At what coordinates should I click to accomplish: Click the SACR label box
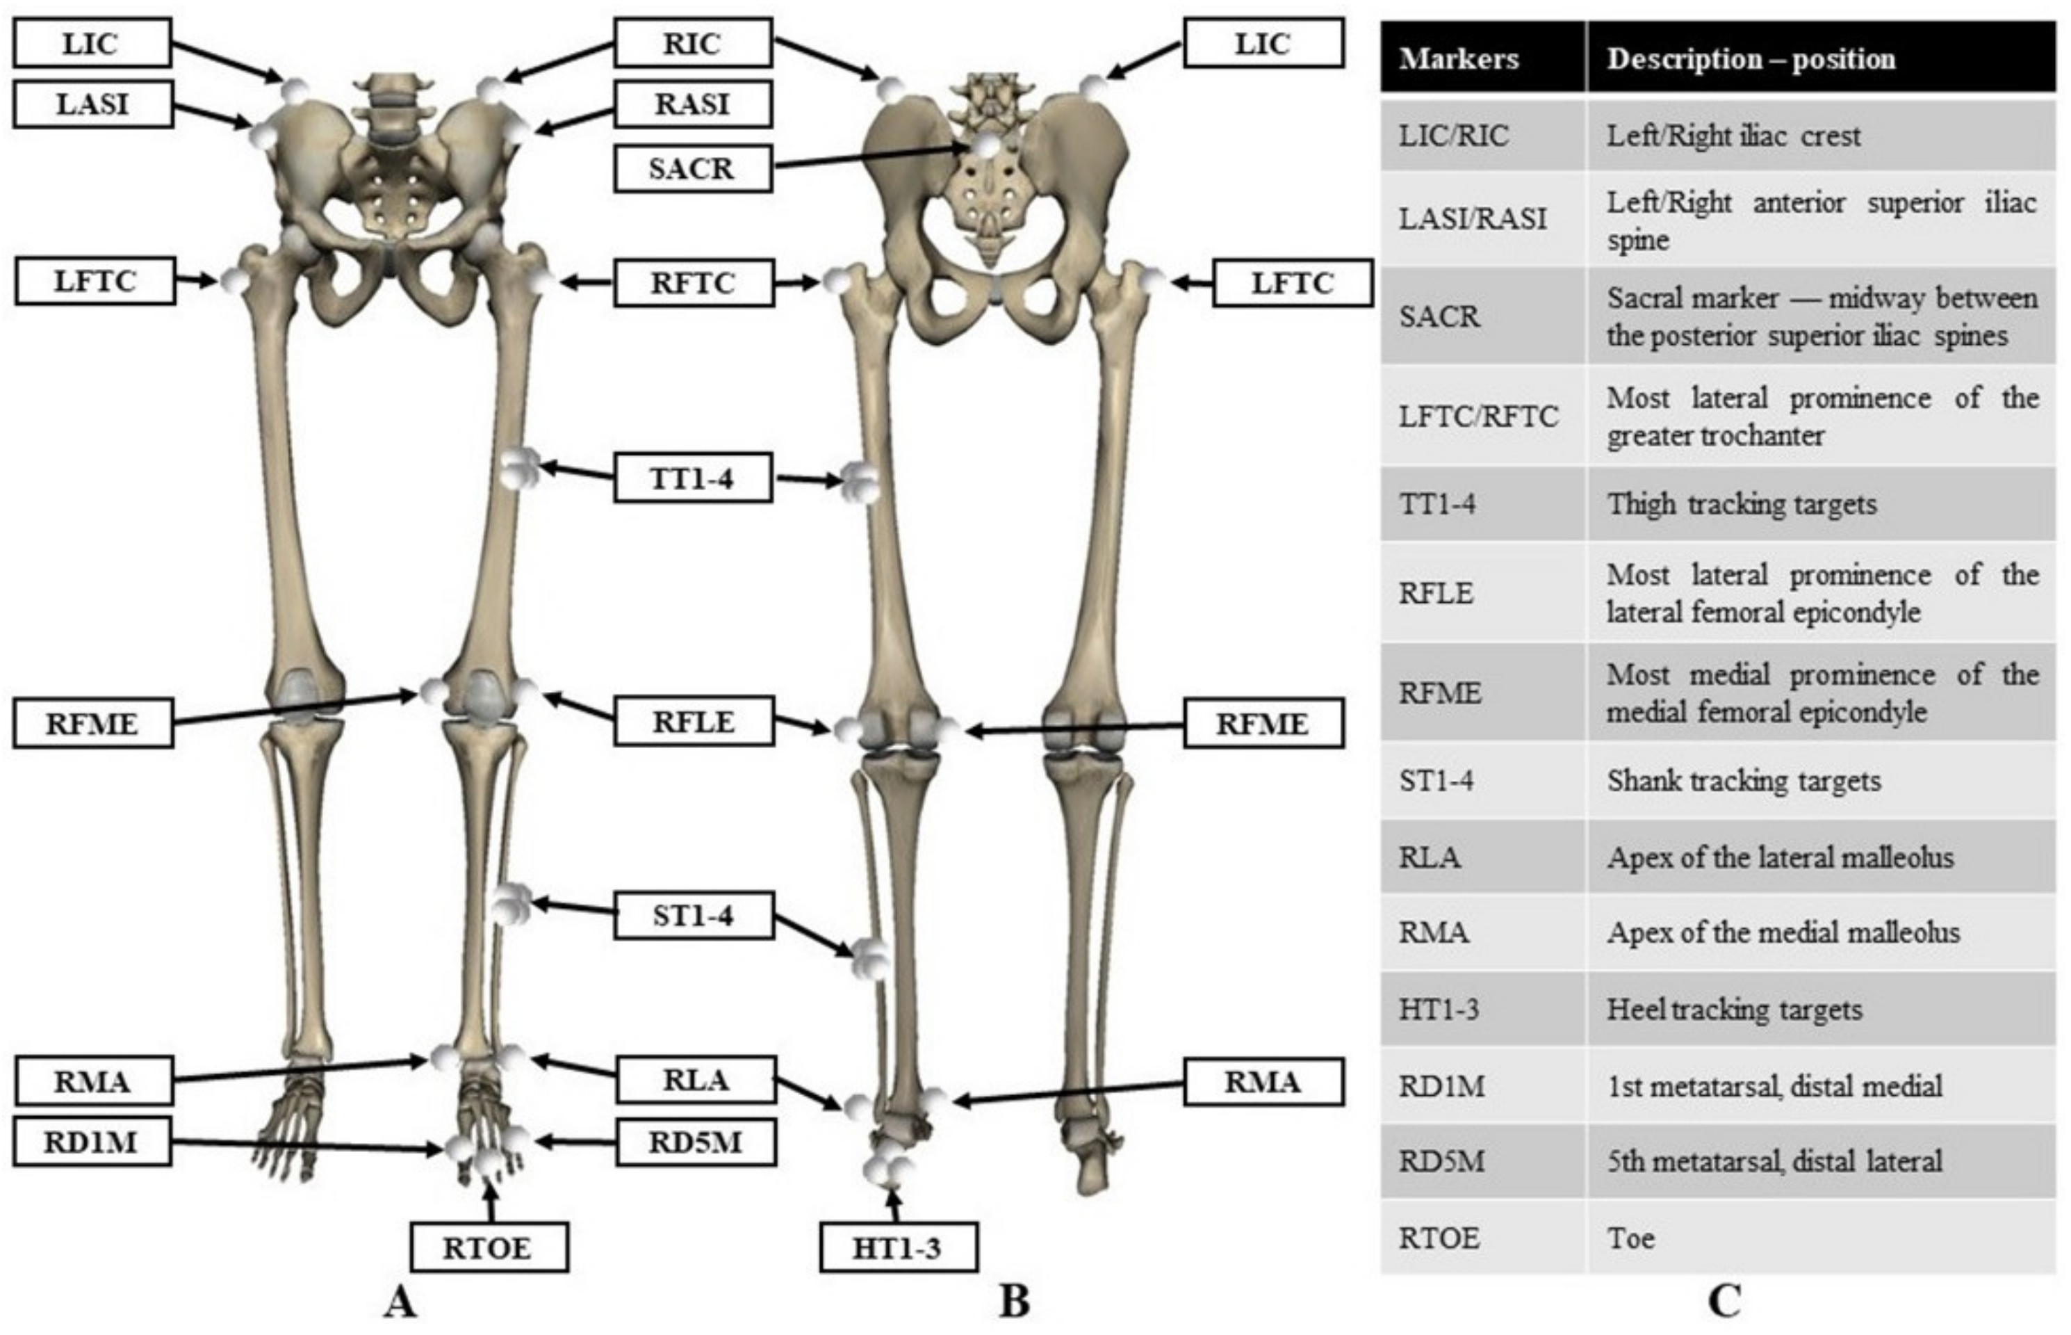tap(691, 168)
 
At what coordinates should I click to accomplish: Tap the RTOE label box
tap(489, 1247)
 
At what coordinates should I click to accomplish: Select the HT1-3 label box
tap(898, 1247)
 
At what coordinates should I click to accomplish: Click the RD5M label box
tap(696, 1142)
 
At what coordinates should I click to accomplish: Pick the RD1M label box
tap(92, 1142)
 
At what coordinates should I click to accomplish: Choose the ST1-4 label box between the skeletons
tap(693, 916)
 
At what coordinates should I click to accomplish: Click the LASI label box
tap(92, 104)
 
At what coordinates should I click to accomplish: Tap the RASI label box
tap(692, 104)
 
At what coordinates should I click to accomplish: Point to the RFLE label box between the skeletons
tap(693, 721)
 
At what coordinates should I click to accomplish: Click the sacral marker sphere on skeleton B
tap(985, 147)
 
